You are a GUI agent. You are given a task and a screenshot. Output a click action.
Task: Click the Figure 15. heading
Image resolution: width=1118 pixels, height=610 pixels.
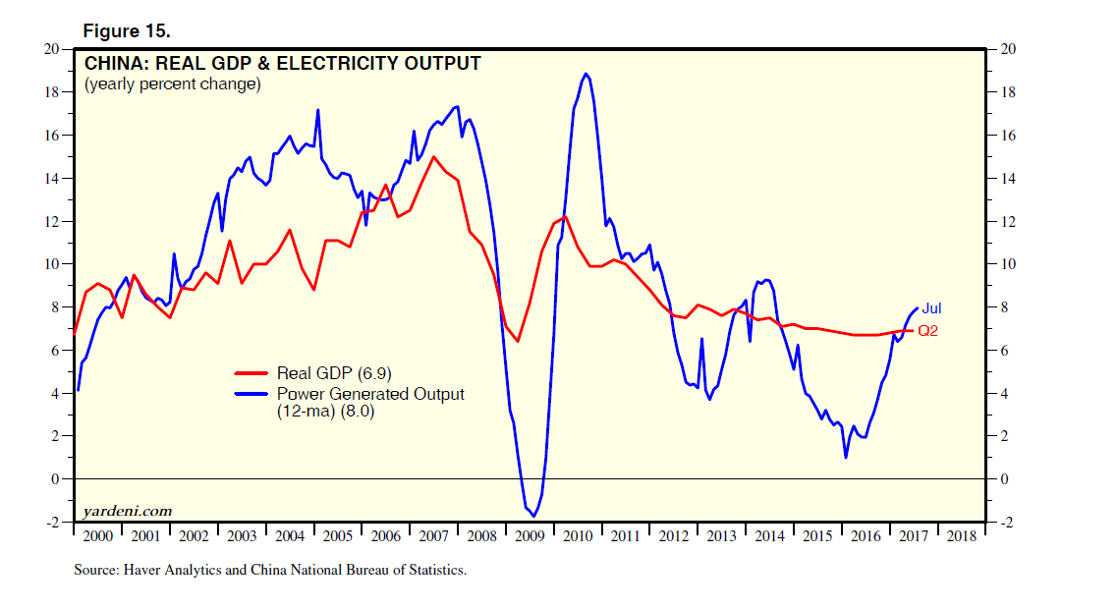click(127, 31)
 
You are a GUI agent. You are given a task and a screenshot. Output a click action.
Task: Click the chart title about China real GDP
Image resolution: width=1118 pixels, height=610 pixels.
click(282, 64)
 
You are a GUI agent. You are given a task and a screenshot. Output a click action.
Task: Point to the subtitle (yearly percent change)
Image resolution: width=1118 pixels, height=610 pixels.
click(172, 84)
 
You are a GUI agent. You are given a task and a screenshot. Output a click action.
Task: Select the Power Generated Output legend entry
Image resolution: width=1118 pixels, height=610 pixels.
click(370, 394)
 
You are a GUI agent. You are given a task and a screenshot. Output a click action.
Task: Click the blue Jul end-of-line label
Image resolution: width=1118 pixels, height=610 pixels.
click(931, 308)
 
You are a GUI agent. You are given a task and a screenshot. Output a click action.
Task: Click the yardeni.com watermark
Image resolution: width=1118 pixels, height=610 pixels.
click(128, 510)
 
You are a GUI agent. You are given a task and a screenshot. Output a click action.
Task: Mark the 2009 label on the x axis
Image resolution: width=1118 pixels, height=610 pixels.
click(530, 536)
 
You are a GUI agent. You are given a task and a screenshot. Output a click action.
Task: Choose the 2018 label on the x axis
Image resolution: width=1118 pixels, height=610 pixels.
click(960, 536)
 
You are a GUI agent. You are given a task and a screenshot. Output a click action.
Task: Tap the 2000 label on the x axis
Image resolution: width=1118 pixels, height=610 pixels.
click(98, 536)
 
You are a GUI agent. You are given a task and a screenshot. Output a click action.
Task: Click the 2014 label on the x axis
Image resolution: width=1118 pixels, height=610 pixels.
click(769, 536)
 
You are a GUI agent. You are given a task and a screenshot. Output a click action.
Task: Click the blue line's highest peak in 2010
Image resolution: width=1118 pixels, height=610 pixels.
click(586, 74)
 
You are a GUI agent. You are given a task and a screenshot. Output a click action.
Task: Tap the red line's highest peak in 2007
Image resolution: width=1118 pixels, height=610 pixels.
click(433, 156)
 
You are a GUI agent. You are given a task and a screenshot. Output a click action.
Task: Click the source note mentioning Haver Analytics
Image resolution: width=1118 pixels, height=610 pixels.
click(270, 570)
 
